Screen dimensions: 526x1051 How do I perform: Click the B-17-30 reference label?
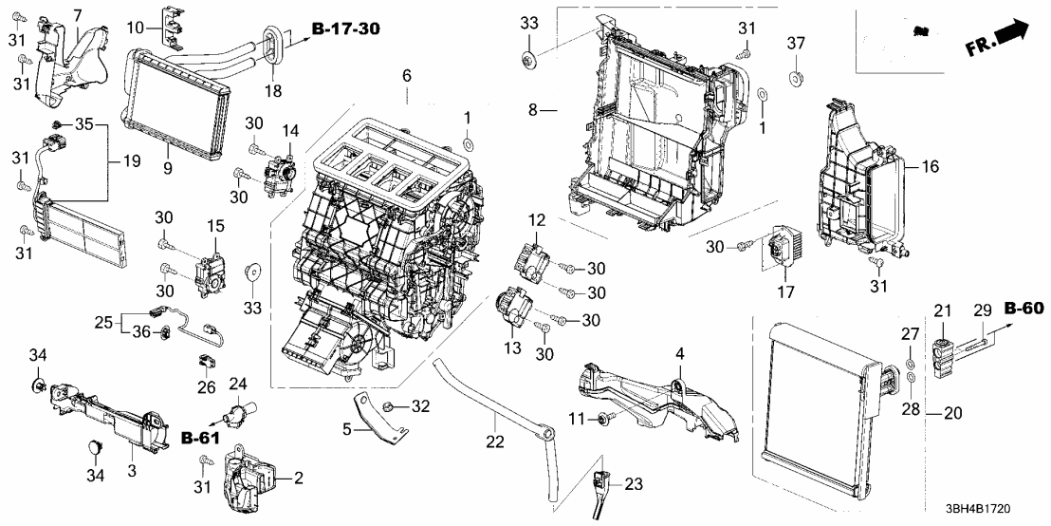coord(345,29)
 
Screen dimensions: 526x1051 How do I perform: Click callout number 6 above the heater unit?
coord(406,75)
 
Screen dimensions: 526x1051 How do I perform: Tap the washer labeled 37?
coord(796,72)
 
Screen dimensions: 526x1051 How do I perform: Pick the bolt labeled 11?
coord(604,419)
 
